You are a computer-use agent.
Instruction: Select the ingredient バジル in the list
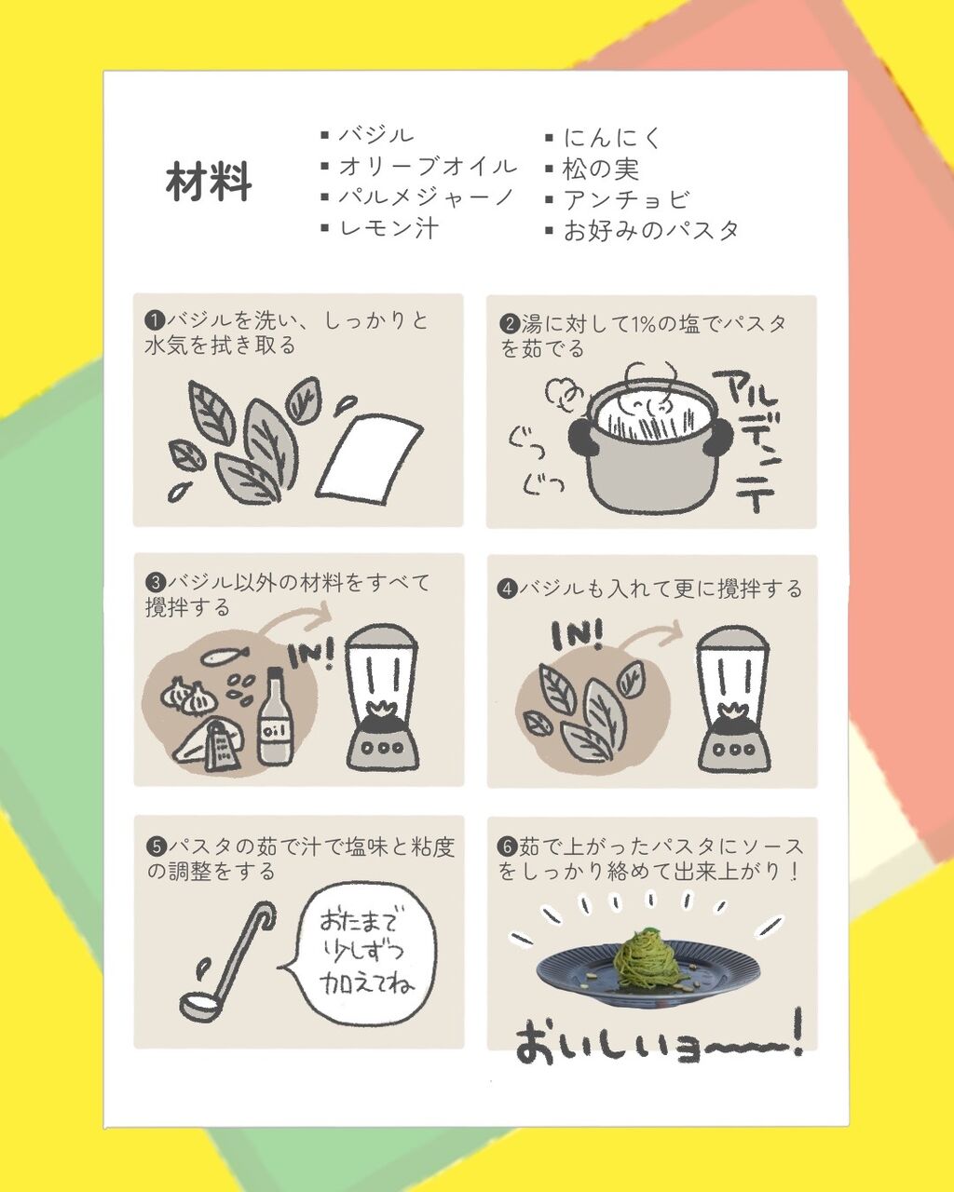click(x=376, y=135)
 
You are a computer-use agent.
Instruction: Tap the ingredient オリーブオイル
click(x=428, y=166)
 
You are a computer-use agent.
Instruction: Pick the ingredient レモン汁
click(x=388, y=227)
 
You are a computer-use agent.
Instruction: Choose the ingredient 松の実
click(x=602, y=169)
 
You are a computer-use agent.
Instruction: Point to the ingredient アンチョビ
click(x=626, y=199)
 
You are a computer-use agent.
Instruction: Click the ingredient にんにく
click(x=612, y=138)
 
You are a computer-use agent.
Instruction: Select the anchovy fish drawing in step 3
click(x=225, y=656)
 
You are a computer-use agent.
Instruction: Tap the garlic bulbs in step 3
click(x=188, y=695)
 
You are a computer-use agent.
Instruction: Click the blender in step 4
click(x=734, y=699)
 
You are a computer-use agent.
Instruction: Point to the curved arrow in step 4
click(x=649, y=633)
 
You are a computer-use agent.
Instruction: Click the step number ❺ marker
click(x=157, y=847)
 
